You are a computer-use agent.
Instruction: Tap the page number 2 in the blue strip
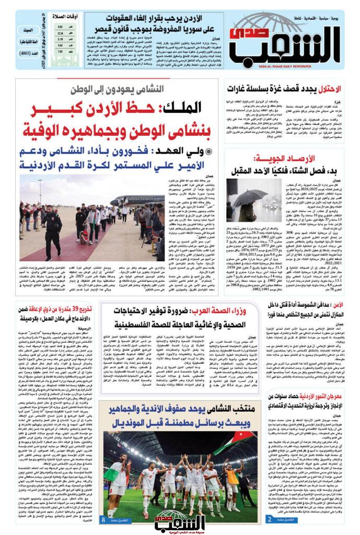(x=269, y=519)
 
